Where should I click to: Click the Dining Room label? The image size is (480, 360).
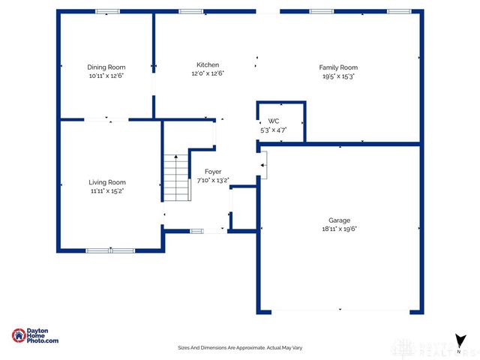pos(106,67)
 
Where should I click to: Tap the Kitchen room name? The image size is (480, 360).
pos(208,64)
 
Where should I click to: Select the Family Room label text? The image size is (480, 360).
pos(338,67)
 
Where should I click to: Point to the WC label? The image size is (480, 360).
pos(274,121)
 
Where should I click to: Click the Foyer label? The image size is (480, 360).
pos(213,172)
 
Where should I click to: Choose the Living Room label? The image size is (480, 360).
pos(107,182)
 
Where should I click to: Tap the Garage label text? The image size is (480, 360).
pos(339,220)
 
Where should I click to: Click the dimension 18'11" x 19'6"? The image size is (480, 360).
pos(339,229)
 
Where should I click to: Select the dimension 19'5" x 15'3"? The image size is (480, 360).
pos(338,76)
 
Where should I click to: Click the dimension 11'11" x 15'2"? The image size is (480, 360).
pos(106,191)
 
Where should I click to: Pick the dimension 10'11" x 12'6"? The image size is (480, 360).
pos(106,76)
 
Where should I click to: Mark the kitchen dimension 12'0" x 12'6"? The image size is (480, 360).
pos(208,73)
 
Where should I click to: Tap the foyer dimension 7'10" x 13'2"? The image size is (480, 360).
pos(213,180)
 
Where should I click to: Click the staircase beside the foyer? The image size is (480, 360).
pos(175,177)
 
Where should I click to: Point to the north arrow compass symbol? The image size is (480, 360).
pos(459,341)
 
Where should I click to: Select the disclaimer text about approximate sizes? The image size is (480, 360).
pos(239,348)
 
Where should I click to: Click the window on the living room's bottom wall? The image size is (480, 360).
pos(109,250)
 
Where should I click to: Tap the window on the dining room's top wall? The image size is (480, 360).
pos(107,11)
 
